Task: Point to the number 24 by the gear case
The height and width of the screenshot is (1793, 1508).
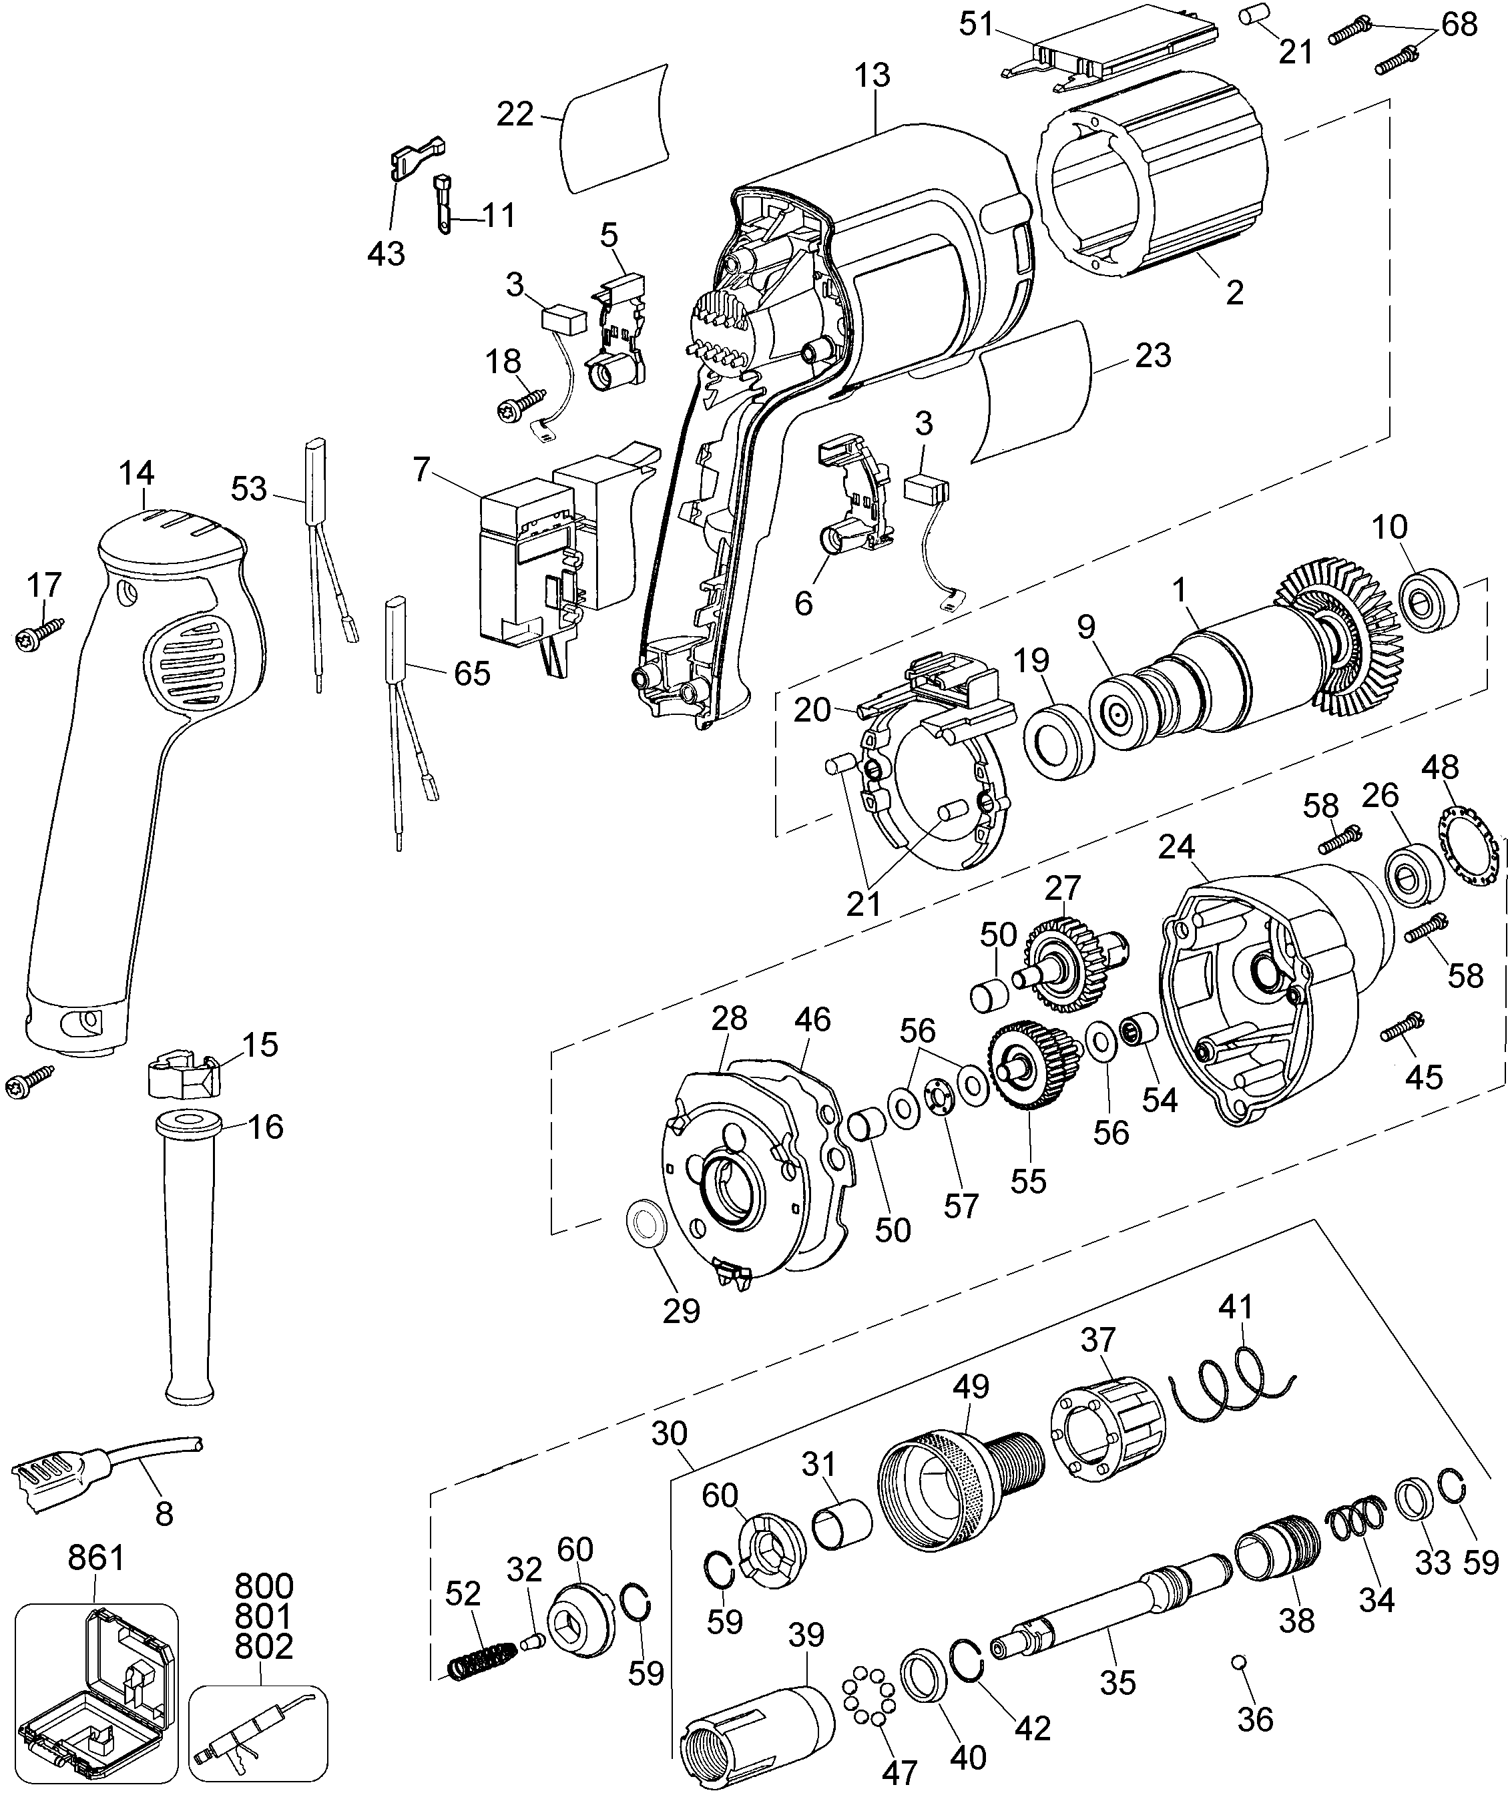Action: coord(1176,848)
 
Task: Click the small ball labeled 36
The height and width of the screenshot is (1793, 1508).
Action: coord(1236,1661)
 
